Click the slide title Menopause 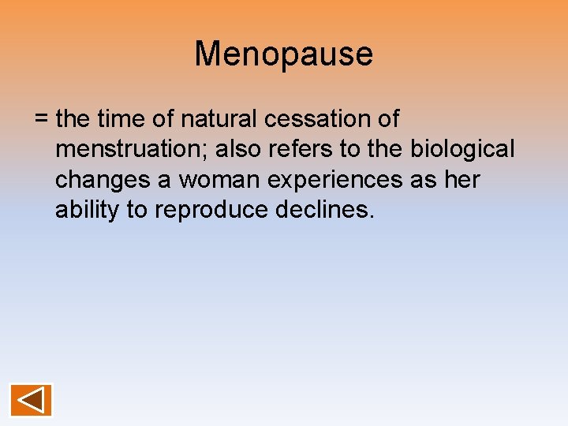click(x=284, y=54)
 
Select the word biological click(x=462, y=150)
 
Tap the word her click(x=461, y=181)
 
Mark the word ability click(x=84, y=211)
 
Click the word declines click(x=331, y=211)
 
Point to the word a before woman click(x=163, y=181)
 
